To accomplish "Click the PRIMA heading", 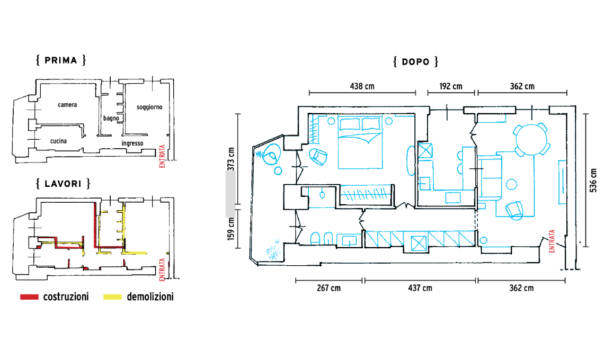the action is [61, 60].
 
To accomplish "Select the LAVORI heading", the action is [63, 184].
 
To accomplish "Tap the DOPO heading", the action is [415, 61].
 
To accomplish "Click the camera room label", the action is [67, 105].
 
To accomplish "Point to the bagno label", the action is [111, 118].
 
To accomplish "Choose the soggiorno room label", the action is [149, 107].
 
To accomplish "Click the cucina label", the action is [59, 141].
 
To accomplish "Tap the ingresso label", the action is [132, 143].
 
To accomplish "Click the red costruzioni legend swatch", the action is [29, 297].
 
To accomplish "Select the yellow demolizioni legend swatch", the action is [112, 297].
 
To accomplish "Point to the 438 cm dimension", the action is [362, 86].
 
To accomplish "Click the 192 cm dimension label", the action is [451, 86].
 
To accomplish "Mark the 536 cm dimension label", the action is [593, 180].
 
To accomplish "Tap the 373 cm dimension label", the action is [230, 159].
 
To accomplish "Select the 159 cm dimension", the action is [230, 229].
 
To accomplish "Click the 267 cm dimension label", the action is [328, 288].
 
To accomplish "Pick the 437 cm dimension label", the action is [420, 288].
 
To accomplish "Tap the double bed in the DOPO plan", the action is [361, 143].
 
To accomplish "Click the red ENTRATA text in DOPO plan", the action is [552, 241].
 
